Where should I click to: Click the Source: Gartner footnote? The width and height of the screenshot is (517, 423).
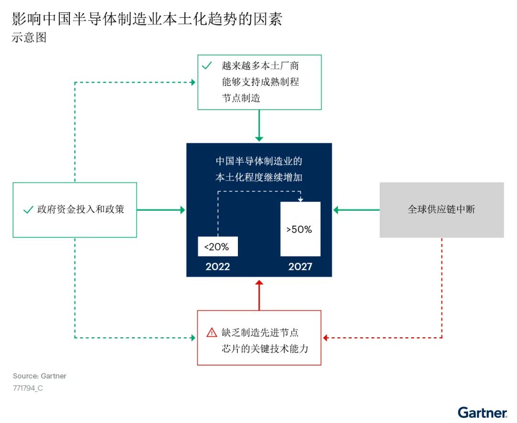click(40, 376)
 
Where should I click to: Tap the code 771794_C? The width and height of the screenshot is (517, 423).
click(28, 388)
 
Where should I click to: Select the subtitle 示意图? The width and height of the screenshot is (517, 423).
click(29, 38)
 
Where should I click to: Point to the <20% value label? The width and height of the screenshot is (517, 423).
click(217, 247)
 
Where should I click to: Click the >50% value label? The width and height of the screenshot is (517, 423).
click(300, 229)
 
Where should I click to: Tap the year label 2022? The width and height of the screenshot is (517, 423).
click(218, 267)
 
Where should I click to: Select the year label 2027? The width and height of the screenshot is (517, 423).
click(300, 267)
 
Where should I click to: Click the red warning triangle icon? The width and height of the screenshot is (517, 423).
click(212, 332)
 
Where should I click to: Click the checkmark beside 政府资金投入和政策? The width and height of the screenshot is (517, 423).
click(27, 210)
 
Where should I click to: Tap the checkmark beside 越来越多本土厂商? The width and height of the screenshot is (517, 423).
click(207, 66)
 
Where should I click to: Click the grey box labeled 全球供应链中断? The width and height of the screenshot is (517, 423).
click(441, 210)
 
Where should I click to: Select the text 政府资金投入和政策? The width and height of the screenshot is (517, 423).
click(80, 210)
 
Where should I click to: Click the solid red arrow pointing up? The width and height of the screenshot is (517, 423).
click(259, 295)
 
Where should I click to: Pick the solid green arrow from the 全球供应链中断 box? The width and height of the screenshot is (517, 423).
click(356, 210)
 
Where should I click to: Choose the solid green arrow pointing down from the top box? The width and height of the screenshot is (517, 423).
click(259, 126)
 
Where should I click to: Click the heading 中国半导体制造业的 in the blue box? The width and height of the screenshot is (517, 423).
click(259, 161)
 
